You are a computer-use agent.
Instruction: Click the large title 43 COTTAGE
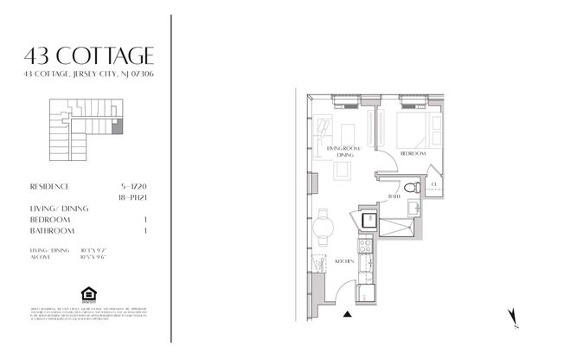[x=90, y=56]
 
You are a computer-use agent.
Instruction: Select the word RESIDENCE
[x=49, y=186]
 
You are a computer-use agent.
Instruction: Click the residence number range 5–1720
[x=154, y=186]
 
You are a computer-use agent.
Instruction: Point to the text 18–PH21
[x=154, y=197]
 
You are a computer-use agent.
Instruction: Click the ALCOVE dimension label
[x=40, y=257]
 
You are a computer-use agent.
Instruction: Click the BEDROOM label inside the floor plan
[x=413, y=153]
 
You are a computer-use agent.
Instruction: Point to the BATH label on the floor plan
[x=394, y=196]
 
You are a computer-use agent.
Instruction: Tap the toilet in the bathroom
[x=413, y=185]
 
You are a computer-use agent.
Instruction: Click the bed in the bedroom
[x=412, y=128]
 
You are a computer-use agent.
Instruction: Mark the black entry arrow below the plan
[x=348, y=314]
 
